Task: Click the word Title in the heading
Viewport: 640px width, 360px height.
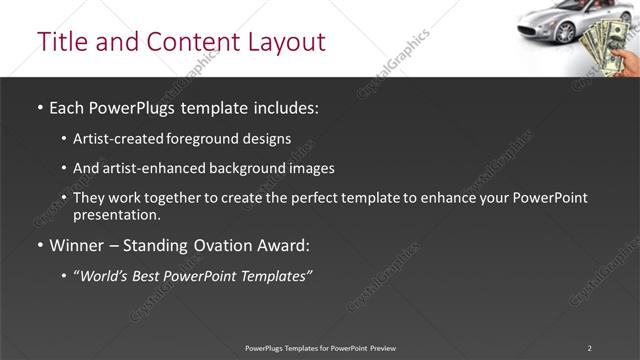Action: pos(60,42)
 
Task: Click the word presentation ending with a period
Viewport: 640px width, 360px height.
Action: pos(116,215)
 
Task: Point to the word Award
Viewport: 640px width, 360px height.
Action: pos(286,245)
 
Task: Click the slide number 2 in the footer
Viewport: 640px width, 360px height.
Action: pos(589,348)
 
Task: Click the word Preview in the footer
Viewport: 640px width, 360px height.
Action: pos(382,348)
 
